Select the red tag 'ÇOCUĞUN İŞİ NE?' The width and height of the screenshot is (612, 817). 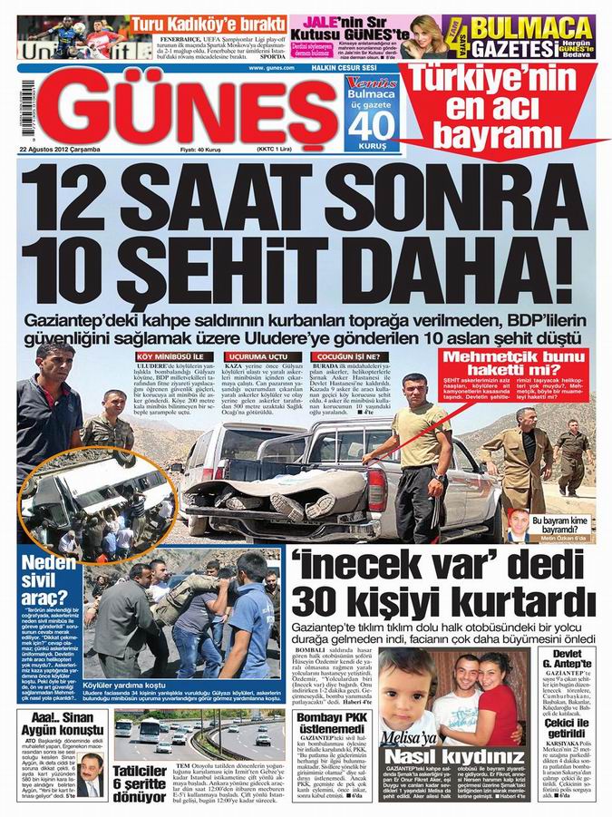[350, 356]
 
